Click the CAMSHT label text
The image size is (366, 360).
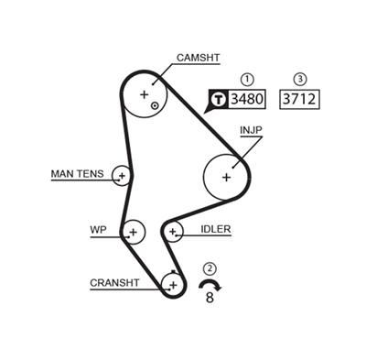198,57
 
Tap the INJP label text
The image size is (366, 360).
251,130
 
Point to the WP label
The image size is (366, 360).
99,229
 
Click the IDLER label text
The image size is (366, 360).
215,229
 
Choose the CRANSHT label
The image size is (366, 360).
114,283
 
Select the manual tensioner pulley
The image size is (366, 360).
122,174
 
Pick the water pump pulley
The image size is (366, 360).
134,232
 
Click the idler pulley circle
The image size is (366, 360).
172,232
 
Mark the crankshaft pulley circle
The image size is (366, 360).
170,285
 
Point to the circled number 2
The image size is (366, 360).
210,268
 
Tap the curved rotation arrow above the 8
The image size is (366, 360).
210,285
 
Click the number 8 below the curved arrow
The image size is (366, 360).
210,298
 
